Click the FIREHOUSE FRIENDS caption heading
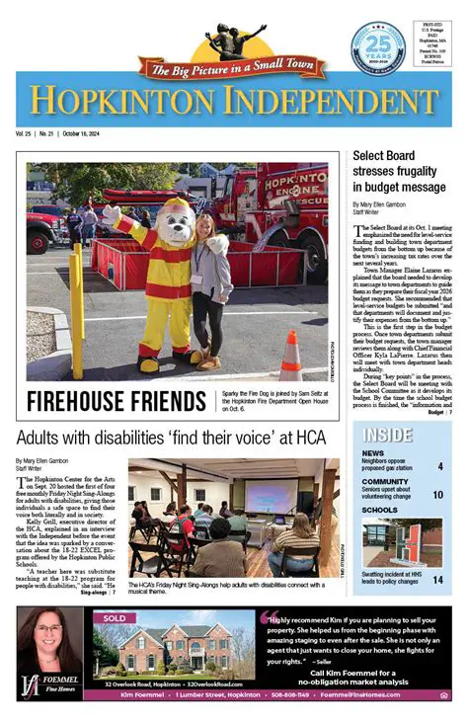click(118, 401)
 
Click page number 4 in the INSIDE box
click(440, 466)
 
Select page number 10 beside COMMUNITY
click(438, 495)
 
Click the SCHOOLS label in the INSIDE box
click(379, 511)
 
